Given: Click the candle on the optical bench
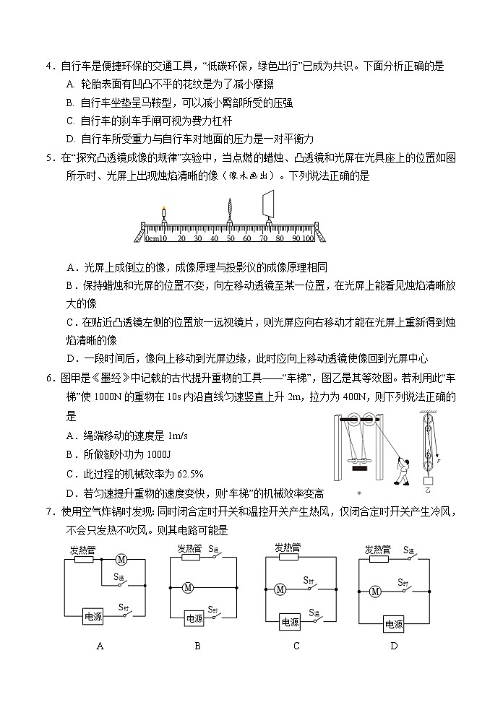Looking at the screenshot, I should (x=163, y=218).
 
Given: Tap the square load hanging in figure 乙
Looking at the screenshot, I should (x=429, y=480).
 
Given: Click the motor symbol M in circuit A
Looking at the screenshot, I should (x=121, y=558).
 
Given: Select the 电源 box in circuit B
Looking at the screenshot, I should (x=194, y=618).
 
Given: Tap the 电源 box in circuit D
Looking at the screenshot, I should (x=394, y=624).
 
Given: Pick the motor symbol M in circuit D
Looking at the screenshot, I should (x=374, y=592).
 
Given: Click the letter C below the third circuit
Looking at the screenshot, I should (x=296, y=646).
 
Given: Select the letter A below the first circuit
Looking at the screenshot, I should (x=100, y=646).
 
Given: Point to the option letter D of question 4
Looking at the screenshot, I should (x=70, y=139).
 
